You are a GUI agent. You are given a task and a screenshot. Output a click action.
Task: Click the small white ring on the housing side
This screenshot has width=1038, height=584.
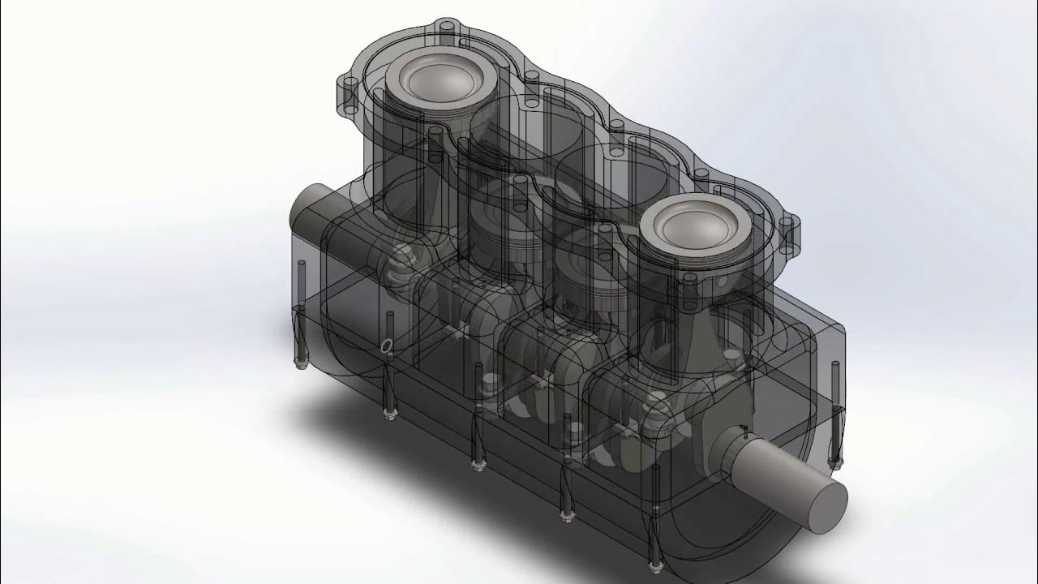click(x=386, y=346)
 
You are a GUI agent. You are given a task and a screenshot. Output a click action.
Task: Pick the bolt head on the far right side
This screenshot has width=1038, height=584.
click(x=834, y=463)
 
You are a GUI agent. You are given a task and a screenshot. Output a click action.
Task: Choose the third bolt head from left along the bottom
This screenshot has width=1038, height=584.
click(x=476, y=464)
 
